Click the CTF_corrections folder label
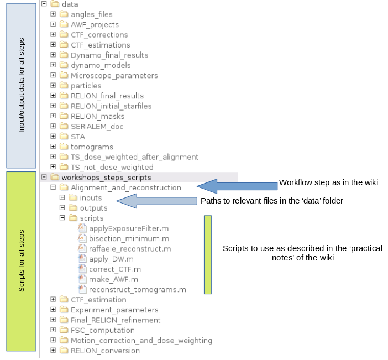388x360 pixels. [99, 35]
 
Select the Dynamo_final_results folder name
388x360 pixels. [109, 55]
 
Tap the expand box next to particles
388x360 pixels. [53, 85]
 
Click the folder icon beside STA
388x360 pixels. [64, 137]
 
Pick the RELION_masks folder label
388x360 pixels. [97, 116]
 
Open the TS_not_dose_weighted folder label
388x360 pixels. [112, 168]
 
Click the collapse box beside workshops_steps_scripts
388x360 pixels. [44, 177]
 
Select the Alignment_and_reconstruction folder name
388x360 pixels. [125, 187]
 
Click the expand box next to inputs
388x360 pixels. [62, 197]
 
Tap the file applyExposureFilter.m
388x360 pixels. [129, 228]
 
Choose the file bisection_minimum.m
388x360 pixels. [129, 239]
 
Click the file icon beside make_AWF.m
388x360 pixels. [82, 279]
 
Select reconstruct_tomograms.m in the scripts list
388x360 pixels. [137, 290]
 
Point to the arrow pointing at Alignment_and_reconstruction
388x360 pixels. [237, 186]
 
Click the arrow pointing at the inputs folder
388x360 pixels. [156, 201]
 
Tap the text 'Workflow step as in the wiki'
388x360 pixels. [328, 182]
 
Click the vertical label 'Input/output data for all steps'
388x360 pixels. [22, 85]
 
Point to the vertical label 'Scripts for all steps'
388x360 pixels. [22, 260]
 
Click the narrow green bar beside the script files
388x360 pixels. [208, 255]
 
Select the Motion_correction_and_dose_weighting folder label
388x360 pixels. [141, 341]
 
